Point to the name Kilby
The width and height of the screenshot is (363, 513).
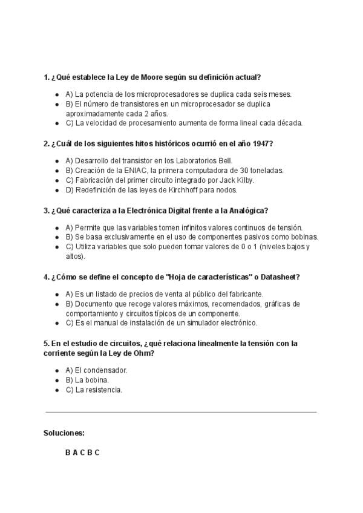(x=244, y=180)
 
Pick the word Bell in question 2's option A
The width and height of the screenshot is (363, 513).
(x=224, y=161)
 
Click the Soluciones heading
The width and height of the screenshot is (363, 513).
(x=64, y=433)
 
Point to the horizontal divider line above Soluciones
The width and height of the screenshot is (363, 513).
(x=181, y=412)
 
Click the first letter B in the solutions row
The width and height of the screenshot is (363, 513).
(x=68, y=453)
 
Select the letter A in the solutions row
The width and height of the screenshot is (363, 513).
(x=75, y=453)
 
